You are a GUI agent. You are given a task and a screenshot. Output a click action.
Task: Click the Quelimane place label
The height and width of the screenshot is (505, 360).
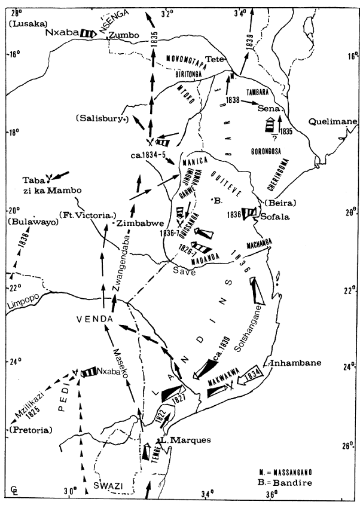point(333,121)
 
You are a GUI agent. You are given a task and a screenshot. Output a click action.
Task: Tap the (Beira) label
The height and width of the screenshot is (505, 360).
point(270,203)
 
